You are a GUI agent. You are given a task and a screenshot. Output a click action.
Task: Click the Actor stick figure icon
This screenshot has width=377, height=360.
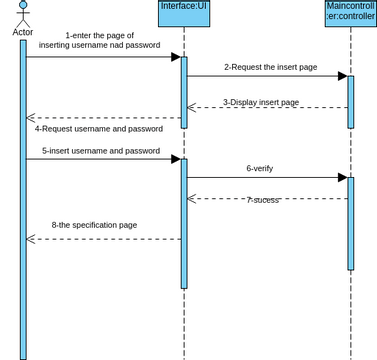click(x=22, y=13)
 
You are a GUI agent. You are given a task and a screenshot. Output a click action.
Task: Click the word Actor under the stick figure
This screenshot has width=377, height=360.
click(x=22, y=32)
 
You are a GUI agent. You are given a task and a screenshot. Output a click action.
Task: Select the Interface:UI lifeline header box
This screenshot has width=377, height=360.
click(x=184, y=13)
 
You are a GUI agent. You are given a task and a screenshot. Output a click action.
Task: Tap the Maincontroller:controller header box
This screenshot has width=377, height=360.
click(x=350, y=13)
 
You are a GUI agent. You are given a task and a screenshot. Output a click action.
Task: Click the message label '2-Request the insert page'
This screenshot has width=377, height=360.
click(x=270, y=67)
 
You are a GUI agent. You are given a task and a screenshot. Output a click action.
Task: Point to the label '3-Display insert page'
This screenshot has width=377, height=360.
click(x=261, y=102)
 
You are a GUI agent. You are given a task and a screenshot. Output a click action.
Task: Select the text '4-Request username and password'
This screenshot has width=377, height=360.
click(x=99, y=128)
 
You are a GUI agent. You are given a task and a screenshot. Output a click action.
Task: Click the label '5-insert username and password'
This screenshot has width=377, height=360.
click(x=101, y=151)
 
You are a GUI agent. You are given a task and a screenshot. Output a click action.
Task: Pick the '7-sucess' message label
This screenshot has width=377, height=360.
click(x=262, y=200)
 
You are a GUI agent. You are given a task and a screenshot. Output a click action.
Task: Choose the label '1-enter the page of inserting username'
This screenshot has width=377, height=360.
click(x=100, y=40)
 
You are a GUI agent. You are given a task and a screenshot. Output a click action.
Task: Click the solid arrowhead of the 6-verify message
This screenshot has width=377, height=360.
click(x=341, y=178)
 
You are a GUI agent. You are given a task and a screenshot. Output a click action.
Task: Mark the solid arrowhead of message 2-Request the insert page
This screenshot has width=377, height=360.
click(x=341, y=76)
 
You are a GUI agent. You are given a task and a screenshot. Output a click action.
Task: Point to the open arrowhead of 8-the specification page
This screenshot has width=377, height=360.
click(x=31, y=239)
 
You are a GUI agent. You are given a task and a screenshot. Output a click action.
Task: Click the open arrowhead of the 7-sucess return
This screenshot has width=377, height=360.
click(x=192, y=198)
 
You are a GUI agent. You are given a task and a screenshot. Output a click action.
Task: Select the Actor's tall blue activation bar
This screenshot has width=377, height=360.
click(x=23, y=200)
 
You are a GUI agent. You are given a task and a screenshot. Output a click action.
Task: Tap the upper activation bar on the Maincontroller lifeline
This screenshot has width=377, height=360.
click(x=350, y=100)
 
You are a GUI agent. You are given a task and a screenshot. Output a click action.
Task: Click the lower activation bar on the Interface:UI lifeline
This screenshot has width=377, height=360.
click(x=184, y=222)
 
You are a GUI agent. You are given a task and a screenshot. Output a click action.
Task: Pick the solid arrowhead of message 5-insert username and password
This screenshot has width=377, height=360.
click(x=175, y=159)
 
